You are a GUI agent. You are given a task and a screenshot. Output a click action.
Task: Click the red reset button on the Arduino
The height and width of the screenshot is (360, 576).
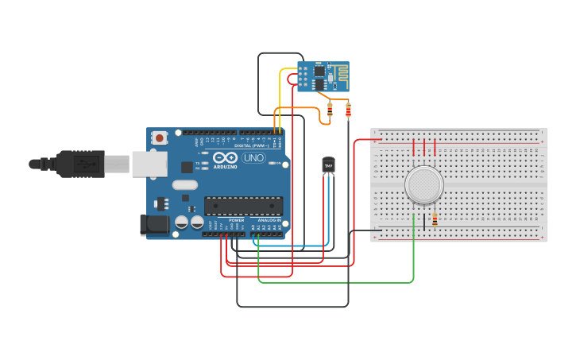160,137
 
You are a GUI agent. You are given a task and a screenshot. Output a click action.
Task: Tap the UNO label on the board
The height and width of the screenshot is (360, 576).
253,158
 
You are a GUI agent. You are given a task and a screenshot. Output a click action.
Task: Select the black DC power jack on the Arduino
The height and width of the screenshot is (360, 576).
154,225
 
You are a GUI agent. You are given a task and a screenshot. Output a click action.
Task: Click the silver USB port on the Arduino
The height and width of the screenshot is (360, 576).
149,164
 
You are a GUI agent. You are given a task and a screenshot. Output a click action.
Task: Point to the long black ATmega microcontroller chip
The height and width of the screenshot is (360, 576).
243,206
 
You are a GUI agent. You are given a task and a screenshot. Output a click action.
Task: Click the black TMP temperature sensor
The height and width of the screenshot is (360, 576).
327,165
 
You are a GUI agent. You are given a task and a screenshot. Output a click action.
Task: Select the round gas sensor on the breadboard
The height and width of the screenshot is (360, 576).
423,184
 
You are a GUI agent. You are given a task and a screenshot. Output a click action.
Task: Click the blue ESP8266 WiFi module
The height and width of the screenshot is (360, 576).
323,76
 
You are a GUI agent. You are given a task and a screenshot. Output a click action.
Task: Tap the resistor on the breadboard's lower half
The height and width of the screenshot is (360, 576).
435,220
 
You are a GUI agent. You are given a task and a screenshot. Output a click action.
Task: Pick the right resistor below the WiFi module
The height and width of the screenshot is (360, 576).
348,110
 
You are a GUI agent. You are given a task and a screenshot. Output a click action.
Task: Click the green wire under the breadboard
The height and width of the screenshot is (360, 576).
334,282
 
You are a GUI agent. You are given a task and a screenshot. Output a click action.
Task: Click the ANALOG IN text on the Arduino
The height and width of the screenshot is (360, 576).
269,219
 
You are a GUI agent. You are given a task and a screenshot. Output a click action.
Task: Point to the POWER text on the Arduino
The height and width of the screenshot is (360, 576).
236,219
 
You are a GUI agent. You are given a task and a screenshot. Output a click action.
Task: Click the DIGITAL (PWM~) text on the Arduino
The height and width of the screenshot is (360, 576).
253,145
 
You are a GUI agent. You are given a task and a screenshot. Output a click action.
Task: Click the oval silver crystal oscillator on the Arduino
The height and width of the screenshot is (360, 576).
184,185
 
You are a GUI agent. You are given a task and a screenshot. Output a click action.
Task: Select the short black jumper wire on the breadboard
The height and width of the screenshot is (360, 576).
424,222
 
